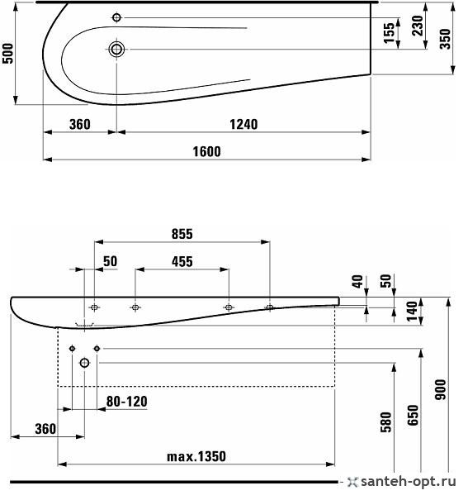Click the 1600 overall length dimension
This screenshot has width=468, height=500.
[x=206, y=151]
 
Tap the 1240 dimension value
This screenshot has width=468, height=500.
[x=243, y=124]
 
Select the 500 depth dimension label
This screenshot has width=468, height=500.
[x=8, y=53]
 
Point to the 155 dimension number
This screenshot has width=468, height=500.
[x=389, y=33]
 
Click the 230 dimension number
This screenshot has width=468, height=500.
[x=417, y=26]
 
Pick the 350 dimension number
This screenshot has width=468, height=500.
[x=445, y=39]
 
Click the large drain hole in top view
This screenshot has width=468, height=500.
[x=116, y=49]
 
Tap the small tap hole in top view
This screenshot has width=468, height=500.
[x=116, y=17]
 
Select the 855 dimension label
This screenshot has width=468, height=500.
[x=182, y=234]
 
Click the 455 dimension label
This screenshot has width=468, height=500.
[x=182, y=262]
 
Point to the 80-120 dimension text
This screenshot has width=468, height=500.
[x=127, y=402]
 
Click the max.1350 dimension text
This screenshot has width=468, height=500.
[x=196, y=457]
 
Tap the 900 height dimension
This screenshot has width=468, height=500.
[x=441, y=389]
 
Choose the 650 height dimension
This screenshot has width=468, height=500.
[x=413, y=415]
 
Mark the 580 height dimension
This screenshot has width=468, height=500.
[x=385, y=421]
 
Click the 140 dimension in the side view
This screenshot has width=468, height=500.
[x=412, y=312]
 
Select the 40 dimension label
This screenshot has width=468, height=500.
[x=357, y=282]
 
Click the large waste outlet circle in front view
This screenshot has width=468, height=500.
[x=84, y=363]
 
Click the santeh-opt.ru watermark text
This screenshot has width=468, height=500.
[x=409, y=481]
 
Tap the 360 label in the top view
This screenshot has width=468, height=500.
[x=79, y=124]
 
